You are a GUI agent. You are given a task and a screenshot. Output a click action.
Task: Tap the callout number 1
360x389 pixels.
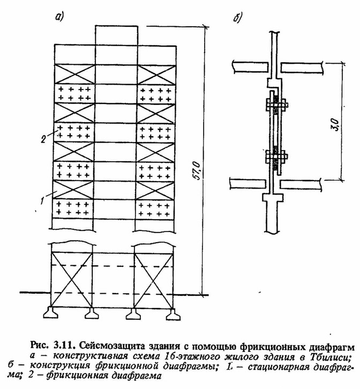(42, 200)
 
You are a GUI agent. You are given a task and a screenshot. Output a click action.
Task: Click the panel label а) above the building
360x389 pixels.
(59, 17)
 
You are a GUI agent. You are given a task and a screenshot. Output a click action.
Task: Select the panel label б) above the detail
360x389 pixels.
(237, 17)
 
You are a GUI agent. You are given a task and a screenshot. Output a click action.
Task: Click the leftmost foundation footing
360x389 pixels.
(51, 313)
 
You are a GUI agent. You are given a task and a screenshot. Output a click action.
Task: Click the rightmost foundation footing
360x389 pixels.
(173, 314)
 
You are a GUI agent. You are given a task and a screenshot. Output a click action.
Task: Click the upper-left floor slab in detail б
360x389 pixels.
(251, 67)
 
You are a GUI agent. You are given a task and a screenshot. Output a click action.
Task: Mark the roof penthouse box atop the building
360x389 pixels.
(117, 35)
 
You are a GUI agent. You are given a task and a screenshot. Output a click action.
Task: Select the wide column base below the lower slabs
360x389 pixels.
(273, 198)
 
